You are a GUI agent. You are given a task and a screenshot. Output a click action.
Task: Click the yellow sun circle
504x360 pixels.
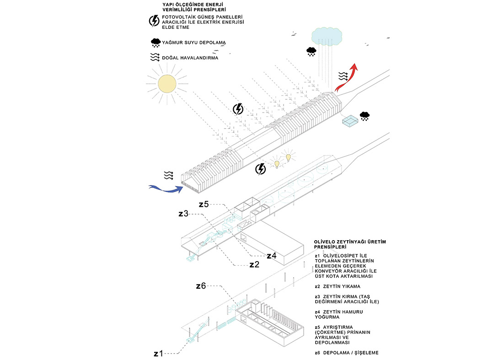tap(166, 84)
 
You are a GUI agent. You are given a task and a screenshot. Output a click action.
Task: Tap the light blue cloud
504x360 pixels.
tap(326, 36)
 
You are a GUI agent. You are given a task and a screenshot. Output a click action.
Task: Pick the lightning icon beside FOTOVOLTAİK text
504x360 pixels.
tap(155, 21)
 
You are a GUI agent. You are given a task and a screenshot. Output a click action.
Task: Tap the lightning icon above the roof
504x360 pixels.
tap(238, 109)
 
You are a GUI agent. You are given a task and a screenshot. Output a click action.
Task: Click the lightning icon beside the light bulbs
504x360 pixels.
tap(260, 169)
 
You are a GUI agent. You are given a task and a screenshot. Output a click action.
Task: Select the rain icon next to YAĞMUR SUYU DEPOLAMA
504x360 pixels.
tap(155, 43)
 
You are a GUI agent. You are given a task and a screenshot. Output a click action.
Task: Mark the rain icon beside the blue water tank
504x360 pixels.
tap(365, 116)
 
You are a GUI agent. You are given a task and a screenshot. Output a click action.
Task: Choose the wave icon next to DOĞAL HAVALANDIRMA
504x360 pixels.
tap(155, 58)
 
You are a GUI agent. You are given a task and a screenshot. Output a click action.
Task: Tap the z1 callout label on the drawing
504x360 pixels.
tap(159, 353)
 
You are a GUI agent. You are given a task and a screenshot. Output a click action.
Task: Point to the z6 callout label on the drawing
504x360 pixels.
tap(201, 286)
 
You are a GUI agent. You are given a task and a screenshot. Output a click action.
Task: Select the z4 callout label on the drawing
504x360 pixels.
tap(271, 256)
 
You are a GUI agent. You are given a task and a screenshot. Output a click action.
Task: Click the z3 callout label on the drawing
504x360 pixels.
tap(183, 213)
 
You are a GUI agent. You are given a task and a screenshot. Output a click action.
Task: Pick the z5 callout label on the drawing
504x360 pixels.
tap(204, 204)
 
